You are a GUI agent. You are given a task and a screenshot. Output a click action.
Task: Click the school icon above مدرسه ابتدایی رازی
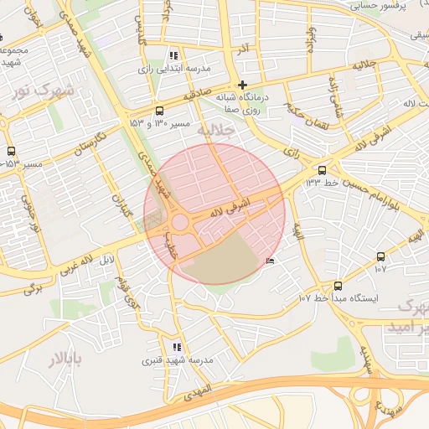[x=174, y=54]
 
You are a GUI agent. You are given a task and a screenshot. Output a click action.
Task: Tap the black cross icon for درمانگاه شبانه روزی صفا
[x=242, y=85]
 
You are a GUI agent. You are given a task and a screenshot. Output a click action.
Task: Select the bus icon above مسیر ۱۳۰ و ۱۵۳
[x=160, y=111]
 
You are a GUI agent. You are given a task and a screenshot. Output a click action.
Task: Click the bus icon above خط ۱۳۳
[x=323, y=170]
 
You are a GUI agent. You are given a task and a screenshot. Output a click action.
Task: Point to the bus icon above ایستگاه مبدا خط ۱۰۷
[x=338, y=285]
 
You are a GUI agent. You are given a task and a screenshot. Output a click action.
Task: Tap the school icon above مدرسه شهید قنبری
[x=176, y=346]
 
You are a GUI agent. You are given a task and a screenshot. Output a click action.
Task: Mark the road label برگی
[x=32, y=288]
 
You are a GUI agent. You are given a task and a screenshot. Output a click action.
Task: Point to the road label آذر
[x=243, y=49]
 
